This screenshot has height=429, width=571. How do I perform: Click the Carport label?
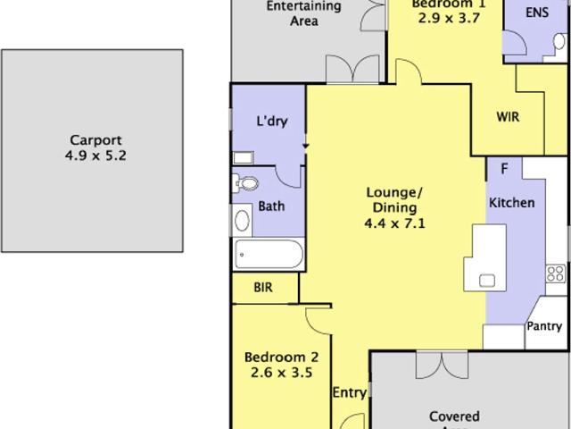[94, 139]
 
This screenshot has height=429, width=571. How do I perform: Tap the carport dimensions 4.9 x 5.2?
[94, 155]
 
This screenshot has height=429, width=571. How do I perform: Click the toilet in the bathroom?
[248, 183]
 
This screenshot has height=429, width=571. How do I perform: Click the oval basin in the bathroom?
[242, 221]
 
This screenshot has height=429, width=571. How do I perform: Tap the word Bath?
[271, 206]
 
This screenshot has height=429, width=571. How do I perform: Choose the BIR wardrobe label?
[262, 288]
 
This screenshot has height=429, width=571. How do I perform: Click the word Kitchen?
[511, 203]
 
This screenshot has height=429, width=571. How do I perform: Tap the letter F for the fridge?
[504, 168]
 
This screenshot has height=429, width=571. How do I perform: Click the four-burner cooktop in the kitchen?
[556, 273]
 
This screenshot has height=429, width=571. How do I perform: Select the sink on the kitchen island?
[487, 280]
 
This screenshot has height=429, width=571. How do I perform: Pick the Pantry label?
[543, 327]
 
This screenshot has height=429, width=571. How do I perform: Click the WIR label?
[508, 117]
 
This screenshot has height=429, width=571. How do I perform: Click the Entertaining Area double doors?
[345, 70]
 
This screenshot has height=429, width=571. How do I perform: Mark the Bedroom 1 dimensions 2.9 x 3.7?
[436, 17]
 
